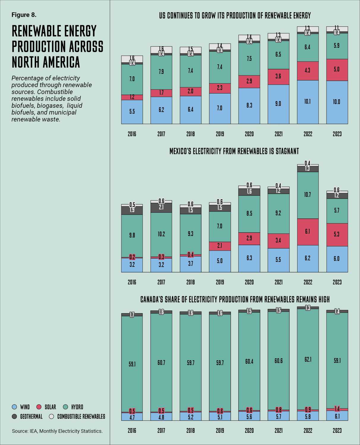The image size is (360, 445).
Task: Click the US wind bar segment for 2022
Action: click(x=308, y=102)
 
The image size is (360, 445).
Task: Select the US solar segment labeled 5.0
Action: click(x=337, y=70)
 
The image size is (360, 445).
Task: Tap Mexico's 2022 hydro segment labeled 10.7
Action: click(x=308, y=195)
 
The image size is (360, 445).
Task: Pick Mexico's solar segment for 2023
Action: click(x=337, y=235)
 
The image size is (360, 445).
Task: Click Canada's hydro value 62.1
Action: click(x=308, y=360)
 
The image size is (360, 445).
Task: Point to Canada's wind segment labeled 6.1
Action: click(x=337, y=416)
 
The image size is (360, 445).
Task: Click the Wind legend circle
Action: click(x=14, y=407)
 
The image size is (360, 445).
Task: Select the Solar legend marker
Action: click(x=39, y=407)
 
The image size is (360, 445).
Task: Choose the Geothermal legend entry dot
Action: click(x=14, y=417)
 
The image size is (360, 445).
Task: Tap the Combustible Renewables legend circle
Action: click(x=51, y=417)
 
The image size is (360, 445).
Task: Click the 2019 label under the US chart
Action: click(x=220, y=134)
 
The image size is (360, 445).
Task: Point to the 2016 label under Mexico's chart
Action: click(x=132, y=282)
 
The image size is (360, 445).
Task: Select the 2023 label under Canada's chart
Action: click(x=337, y=430)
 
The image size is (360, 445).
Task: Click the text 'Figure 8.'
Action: click(x=24, y=15)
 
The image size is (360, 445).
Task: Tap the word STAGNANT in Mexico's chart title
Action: click(x=287, y=151)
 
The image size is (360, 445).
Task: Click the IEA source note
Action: click(x=57, y=431)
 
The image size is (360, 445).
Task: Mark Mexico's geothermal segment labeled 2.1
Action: click(x=161, y=208)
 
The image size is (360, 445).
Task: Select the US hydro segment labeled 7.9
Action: click(x=161, y=72)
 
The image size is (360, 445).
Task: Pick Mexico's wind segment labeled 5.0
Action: click(x=220, y=261)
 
